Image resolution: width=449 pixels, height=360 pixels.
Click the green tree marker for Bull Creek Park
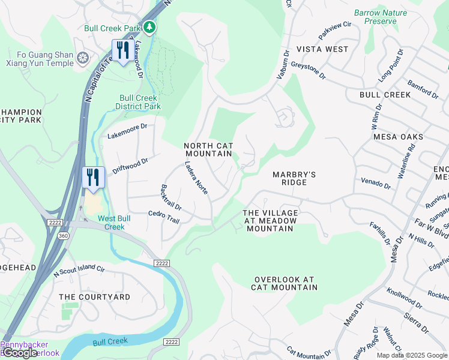point(149,28)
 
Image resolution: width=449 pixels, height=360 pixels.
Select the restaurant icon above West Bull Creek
point(93,178)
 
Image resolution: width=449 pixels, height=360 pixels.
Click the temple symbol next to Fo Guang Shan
point(82,58)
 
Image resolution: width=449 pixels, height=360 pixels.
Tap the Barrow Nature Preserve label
point(380,17)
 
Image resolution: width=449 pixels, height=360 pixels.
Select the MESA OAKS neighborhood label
point(398,137)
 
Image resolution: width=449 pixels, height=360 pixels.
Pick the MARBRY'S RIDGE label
point(294,179)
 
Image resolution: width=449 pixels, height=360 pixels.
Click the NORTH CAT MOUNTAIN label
point(208,149)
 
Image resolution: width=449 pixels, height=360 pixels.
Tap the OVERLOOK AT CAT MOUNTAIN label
point(285,283)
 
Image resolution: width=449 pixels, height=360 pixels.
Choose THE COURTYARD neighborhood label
point(95,297)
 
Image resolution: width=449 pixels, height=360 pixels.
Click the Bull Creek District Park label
point(138,102)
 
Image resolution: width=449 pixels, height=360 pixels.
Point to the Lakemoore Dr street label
point(127,131)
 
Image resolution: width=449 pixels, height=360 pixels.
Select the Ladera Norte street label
point(196,178)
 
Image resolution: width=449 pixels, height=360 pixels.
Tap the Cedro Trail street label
point(164,217)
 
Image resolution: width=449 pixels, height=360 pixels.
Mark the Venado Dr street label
point(376,182)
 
